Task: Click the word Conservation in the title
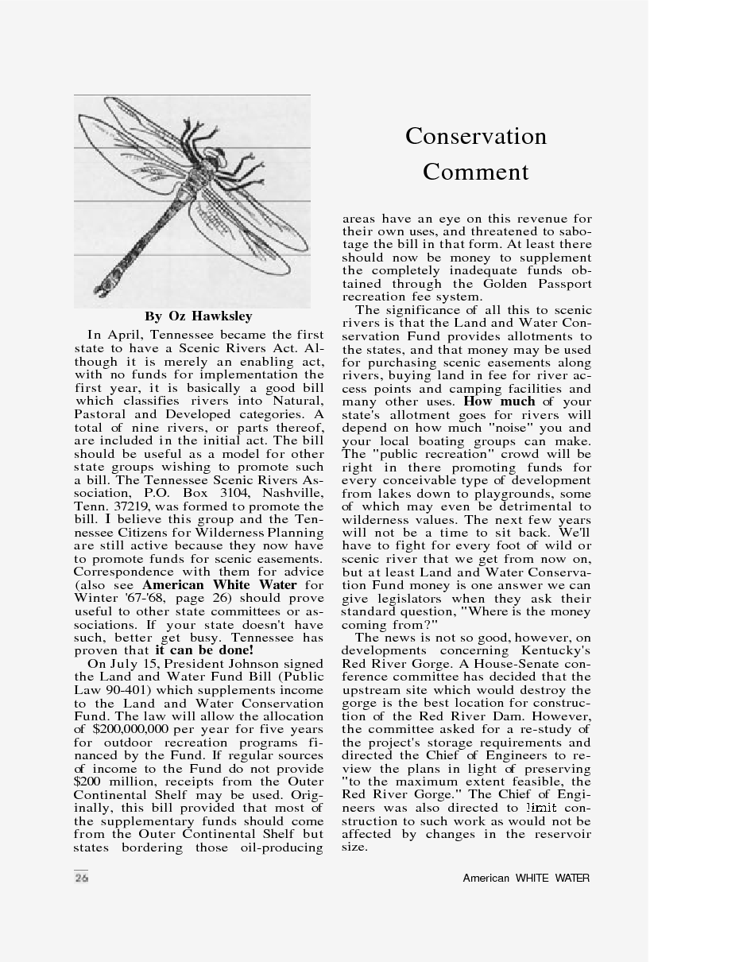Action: click(x=476, y=136)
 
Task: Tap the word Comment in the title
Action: click(x=476, y=172)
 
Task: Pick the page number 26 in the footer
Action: click(x=82, y=878)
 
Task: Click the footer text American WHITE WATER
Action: click(x=526, y=879)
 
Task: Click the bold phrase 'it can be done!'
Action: click(x=204, y=650)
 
